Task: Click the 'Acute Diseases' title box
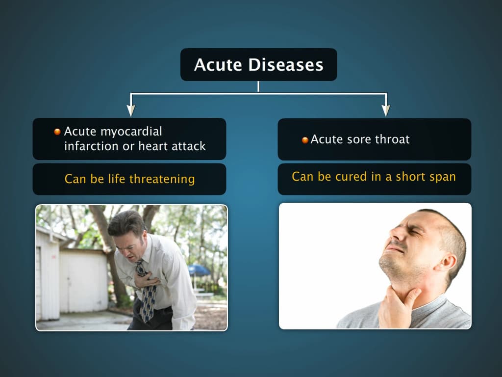tap(258, 64)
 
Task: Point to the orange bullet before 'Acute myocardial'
tap(57, 132)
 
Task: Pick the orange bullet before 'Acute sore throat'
tap(305, 140)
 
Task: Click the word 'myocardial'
tap(131, 132)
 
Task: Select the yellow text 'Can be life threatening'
tap(129, 179)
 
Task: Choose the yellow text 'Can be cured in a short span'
tap(374, 177)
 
